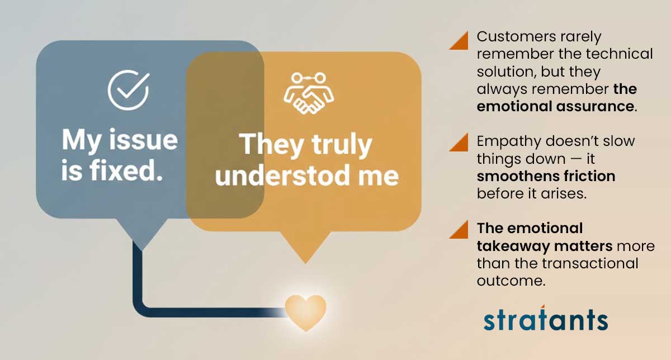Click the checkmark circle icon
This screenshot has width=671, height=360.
[x=128, y=90]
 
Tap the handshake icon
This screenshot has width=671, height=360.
[x=309, y=93]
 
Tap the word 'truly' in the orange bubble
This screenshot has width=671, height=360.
[x=342, y=145]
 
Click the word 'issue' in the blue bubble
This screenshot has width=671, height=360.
[x=144, y=140]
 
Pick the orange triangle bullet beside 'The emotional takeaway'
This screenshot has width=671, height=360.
[x=459, y=229]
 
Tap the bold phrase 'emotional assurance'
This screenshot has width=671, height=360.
[x=555, y=106]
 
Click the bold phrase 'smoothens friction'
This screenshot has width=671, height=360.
[x=546, y=176]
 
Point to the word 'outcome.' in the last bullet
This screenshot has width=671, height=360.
[x=511, y=281]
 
